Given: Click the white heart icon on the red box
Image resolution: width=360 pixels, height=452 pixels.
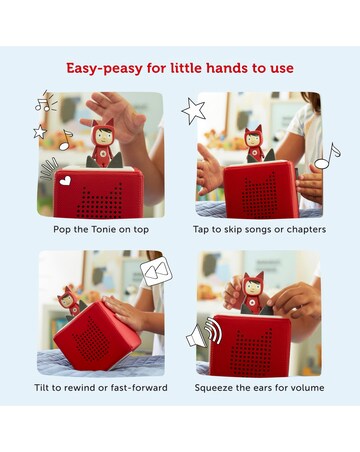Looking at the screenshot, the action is tap(65, 180).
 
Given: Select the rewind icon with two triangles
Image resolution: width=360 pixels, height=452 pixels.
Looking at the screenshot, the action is tap(156, 271).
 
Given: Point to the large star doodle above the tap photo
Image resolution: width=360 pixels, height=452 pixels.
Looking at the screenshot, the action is tap(194, 110).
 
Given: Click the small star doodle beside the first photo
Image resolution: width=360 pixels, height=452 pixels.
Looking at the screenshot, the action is tap(40, 132).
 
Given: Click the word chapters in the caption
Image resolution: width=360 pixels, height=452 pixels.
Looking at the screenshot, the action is tap(306, 230).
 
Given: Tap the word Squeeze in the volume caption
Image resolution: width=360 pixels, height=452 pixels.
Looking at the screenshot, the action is tap(212, 388).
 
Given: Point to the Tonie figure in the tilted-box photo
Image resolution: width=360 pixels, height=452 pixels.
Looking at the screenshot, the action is tap(69, 301).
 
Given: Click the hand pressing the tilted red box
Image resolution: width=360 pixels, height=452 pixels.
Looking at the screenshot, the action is tap(127, 312).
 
